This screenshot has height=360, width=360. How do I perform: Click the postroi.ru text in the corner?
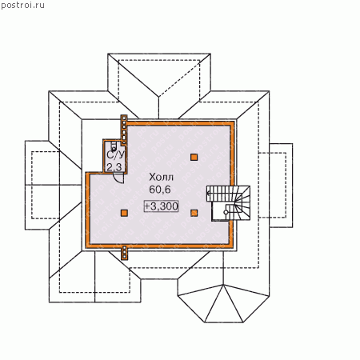coord(22,5)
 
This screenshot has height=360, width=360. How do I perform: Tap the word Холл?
coord(161,177)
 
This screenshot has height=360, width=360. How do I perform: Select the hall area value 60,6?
coord(160,190)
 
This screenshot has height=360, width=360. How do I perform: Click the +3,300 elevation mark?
coord(161,206)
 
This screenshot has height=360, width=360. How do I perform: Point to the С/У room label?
coord(116,155)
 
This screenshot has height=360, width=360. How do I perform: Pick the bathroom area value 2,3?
coord(114,167)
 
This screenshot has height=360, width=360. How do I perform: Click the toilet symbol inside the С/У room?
coord(114,146)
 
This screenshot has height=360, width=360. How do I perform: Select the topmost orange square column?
coord(194,157)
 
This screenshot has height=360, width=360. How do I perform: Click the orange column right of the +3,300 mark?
coord(194,213)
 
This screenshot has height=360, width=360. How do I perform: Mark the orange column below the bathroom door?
coord(124,213)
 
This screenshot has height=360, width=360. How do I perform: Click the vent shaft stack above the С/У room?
coord(124,130)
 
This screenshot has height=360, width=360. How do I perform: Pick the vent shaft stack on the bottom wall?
coord(124,252)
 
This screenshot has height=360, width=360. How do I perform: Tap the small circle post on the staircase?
coord(226,212)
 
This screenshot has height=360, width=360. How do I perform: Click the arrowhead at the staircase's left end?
coord(208,194)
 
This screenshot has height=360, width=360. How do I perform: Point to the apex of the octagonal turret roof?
coord(223,285)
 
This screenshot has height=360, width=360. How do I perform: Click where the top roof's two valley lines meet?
coord(159,97)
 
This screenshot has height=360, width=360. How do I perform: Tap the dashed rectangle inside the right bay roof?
coord(272,185)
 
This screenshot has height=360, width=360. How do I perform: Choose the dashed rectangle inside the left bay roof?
coord(46,185)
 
